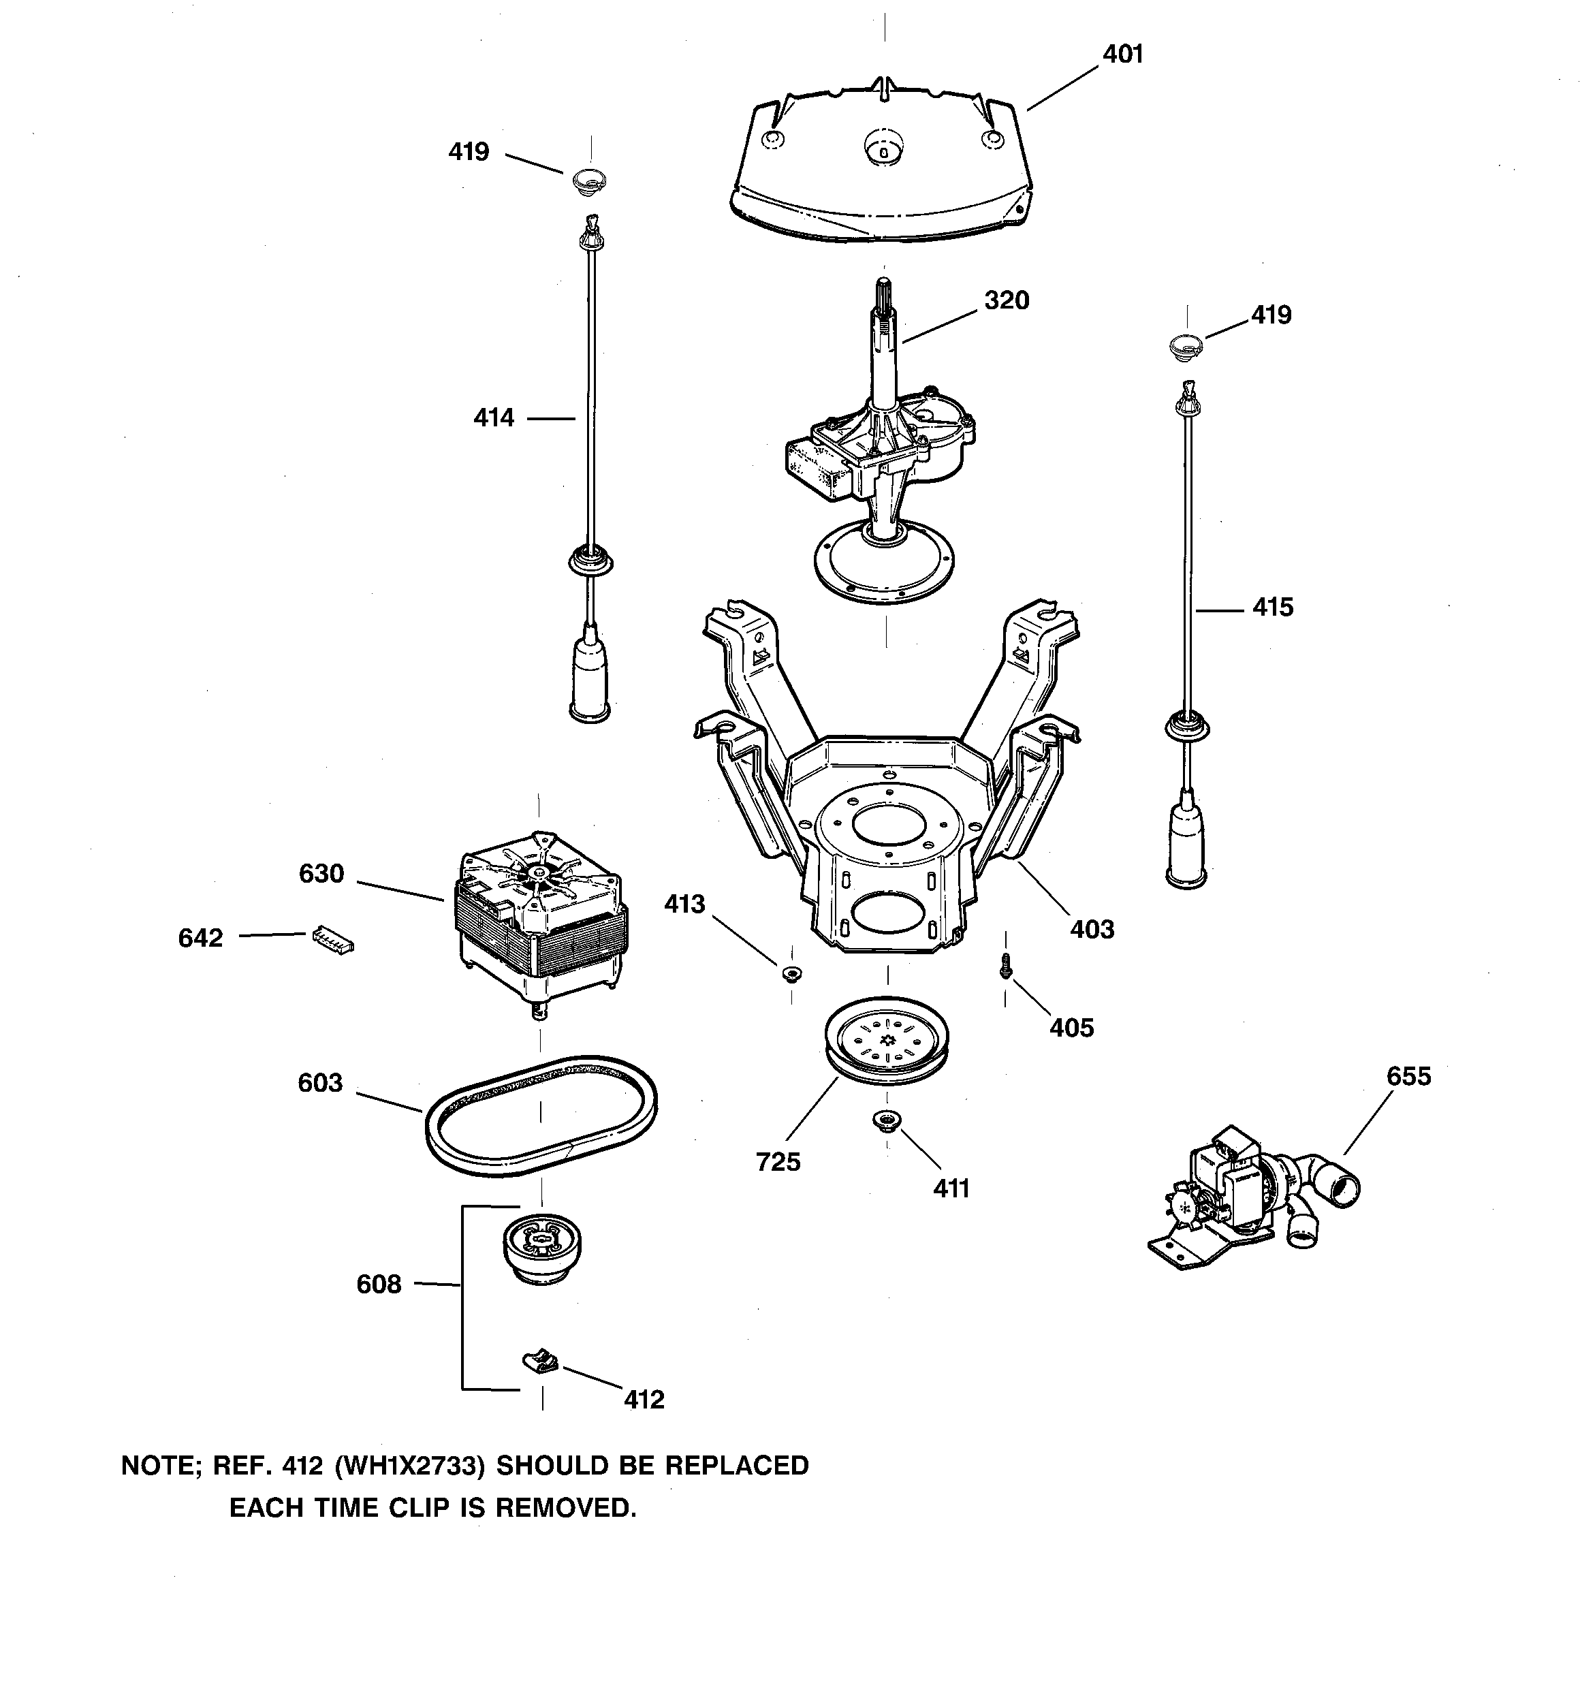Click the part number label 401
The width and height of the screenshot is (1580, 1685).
[x=1122, y=54]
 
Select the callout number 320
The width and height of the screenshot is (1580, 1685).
[x=1006, y=301]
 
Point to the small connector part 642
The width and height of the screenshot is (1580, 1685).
[x=332, y=939]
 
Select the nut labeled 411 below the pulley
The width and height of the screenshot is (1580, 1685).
[x=887, y=1121]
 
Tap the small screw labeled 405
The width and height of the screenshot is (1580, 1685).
[x=1005, y=964]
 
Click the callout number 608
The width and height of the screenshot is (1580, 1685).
[x=378, y=1284]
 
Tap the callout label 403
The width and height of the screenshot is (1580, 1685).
[x=1091, y=929]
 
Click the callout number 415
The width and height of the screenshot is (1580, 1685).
[x=1272, y=607]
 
